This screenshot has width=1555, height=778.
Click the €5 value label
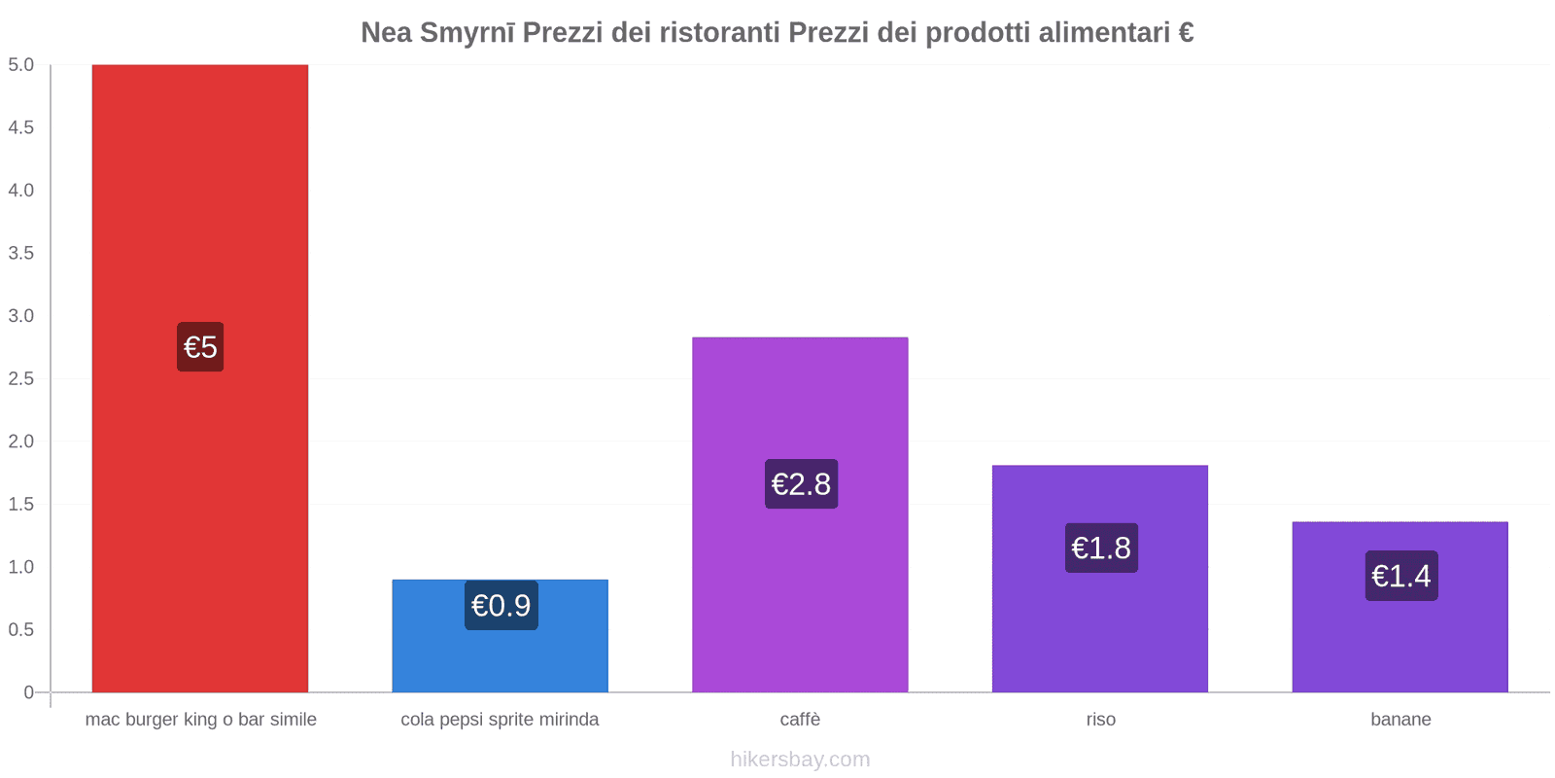200,347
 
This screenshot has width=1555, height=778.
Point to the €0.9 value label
501,606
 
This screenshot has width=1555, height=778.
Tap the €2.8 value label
801,484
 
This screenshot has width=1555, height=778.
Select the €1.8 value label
1101,548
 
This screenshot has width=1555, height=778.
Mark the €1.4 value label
1400,577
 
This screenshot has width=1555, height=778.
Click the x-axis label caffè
800,720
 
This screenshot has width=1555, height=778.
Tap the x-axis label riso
1100,720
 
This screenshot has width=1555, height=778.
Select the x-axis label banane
1400,720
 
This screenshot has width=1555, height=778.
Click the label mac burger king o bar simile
200,720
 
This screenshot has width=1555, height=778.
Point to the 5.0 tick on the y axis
21,65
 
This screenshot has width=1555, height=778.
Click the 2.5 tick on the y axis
21,378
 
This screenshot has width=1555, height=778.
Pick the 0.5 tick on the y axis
21,629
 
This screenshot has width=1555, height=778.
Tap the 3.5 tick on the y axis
21,253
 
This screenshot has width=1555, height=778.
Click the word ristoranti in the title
719,33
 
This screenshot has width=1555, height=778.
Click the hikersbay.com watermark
800,760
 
